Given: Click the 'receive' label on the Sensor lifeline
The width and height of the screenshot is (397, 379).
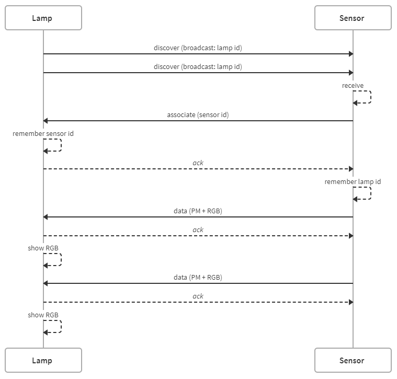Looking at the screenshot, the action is [x=353, y=86].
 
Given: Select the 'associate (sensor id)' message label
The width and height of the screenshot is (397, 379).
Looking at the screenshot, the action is [x=198, y=115].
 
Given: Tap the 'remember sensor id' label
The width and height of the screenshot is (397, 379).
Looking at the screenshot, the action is [x=43, y=134].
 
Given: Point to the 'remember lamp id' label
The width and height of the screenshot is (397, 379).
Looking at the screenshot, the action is [x=353, y=181].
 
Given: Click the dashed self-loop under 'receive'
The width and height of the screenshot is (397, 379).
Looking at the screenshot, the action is [x=371, y=97].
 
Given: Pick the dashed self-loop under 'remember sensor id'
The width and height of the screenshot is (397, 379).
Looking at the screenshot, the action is [x=61, y=145].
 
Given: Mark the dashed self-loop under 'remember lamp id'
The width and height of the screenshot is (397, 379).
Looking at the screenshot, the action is [x=371, y=193].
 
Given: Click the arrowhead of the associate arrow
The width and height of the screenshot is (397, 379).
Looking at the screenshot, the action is [x=46, y=121].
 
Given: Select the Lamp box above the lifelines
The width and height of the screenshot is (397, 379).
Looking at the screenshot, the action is [x=43, y=18].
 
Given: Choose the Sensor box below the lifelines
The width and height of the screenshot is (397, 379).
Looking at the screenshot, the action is [x=353, y=360].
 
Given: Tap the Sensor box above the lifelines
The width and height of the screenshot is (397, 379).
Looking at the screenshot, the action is [x=353, y=18].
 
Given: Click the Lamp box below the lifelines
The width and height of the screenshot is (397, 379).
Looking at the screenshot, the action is [x=43, y=360].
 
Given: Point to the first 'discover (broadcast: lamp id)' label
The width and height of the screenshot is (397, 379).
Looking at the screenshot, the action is [x=198, y=48].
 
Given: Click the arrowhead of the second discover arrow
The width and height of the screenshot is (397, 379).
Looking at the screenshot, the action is [x=351, y=73].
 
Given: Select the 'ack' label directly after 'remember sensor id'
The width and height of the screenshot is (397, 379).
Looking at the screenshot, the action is [x=198, y=163].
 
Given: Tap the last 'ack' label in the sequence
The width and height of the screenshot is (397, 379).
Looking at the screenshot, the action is [x=198, y=296].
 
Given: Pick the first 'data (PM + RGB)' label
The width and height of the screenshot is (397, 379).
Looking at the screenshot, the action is [x=198, y=211].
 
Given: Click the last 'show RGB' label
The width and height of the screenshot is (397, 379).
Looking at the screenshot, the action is [x=43, y=315].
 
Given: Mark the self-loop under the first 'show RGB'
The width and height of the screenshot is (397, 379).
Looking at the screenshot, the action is [x=61, y=260].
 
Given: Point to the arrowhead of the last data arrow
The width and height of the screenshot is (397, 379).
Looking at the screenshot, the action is [x=46, y=283].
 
